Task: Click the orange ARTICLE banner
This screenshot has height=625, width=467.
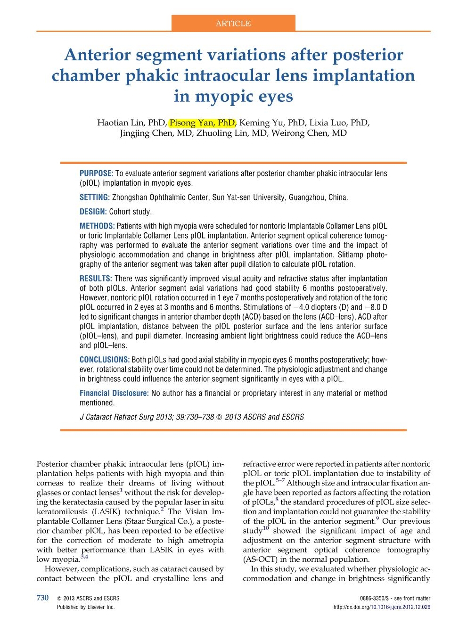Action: (233, 23)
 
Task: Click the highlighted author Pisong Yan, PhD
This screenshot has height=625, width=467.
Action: (202, 123)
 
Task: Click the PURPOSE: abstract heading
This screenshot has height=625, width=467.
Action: (96, 173)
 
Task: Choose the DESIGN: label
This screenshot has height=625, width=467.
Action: (93, 212)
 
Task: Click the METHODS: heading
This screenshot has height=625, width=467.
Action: (97, 226)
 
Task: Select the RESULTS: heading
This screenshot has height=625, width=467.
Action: (96, 279)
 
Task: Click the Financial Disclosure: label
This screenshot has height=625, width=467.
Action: (114, 393)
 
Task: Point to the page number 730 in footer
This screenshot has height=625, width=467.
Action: (43, 598)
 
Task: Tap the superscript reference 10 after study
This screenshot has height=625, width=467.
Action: (266, 528)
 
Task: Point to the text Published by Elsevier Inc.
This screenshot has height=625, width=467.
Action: (85, 608)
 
